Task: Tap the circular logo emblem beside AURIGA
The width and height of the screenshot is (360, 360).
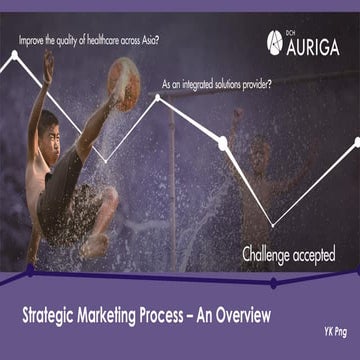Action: point(276,41)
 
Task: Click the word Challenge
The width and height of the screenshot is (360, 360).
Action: point(270,254)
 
